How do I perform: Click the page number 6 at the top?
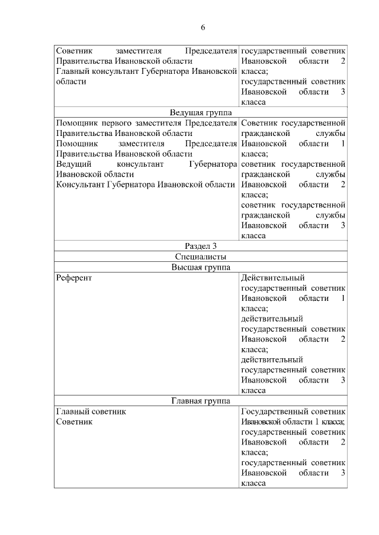pos(203,28)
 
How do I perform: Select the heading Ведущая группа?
pos(201,112)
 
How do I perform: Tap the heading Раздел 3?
pos(201,246)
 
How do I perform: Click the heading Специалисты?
pos(201,257)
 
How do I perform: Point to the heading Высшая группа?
pos(201,267)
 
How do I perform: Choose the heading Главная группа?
pos(201,401)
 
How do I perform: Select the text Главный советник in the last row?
pos(91,411)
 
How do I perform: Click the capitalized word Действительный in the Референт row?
pos(273,278)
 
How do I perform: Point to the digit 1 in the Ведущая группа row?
pos(343,144)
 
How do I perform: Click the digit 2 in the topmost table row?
pos(343,61)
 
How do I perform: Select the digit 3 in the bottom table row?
pos(343,473)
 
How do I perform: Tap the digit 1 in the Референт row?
pos(343,298)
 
